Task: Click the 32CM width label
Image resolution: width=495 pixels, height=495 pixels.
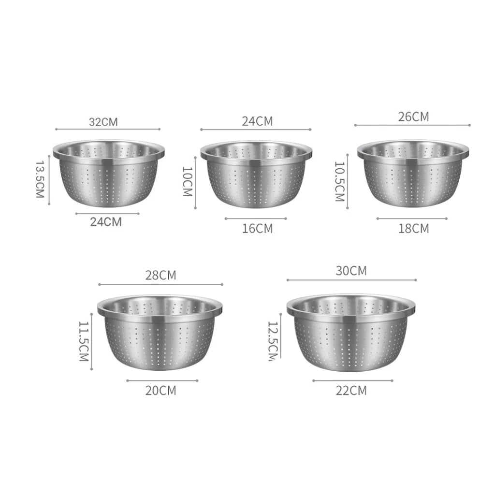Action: tap(103, 121)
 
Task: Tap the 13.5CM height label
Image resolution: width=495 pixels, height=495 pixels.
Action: tap(40, 179)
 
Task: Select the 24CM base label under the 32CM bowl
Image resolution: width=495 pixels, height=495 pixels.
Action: tap(106, 222)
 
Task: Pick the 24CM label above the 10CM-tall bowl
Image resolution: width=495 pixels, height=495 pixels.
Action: tap(257, 121)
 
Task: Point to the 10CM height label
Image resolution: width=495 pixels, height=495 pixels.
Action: tap(188, 181)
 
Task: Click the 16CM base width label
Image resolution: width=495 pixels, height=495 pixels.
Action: tap(257, 228)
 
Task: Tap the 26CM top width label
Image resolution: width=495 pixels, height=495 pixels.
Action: tap(413, 117)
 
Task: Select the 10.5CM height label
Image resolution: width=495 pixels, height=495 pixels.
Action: tap(339, 181)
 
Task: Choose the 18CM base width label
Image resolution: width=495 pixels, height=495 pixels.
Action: tap(413, 228)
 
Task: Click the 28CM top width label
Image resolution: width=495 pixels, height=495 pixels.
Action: tap(161, 276)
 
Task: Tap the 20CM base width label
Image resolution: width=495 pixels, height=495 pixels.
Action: tap(161, 390)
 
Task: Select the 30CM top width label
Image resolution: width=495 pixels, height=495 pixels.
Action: tap(351, 271)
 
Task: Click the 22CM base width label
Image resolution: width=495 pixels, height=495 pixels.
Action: tap(351, 390)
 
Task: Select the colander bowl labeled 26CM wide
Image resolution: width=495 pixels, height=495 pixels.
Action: tap(413, 173)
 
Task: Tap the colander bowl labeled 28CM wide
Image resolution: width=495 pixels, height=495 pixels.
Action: tap(160, 334)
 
